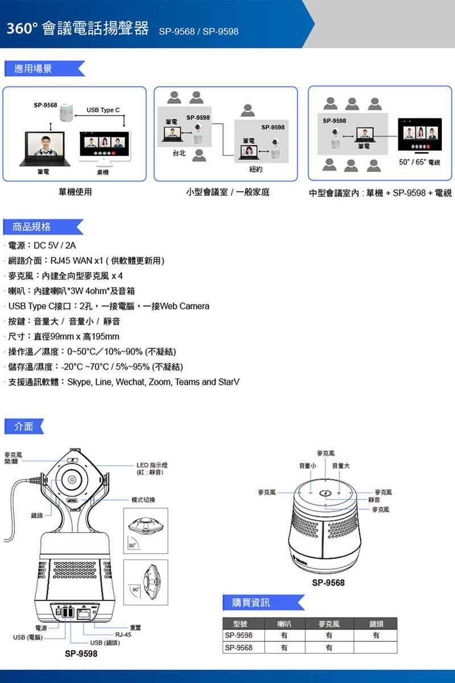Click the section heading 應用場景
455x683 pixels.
coord(33,69)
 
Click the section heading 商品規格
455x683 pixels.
coord(32,227)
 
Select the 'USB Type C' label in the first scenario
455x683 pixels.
coord(103,109)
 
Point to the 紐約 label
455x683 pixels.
coord(255,170)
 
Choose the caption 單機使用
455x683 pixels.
coord(75,192)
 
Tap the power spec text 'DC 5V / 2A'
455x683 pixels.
coord(55,246)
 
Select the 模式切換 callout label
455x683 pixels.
coord(143,500)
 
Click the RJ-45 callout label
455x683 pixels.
coord(123,634)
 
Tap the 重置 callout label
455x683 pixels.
coord(135,627)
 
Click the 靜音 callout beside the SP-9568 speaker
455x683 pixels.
coord(374,500)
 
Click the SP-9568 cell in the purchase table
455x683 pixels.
coord(239,648)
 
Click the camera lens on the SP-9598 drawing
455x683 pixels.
coord(72,479)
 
